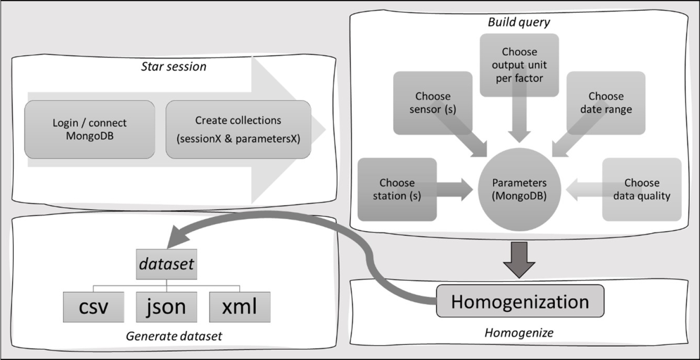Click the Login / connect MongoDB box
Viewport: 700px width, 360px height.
click(90, 129)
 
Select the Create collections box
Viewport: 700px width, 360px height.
click(238, 129)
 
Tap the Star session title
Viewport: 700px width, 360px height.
click(173, 67)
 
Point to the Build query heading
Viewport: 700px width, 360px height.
click(519, 22)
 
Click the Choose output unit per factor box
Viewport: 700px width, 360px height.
click(519, 65)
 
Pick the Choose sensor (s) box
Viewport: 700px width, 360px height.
click(433, 102)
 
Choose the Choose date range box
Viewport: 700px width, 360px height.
click(606, 102)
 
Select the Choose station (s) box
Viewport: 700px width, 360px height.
click(397, 189)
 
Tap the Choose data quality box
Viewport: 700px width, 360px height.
click(641, 189)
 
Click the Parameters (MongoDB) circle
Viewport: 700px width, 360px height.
click(519, 189)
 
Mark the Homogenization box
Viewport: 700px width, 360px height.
click(520, 301)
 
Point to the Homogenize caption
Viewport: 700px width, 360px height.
click(519, 333)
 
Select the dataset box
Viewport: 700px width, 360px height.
click(167, 264)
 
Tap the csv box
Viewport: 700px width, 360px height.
click(94, 307)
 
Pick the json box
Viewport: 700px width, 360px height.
click(167, 307)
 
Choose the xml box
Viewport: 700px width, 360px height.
click(240, 307)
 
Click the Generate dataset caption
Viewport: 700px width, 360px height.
click(174, 337)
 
